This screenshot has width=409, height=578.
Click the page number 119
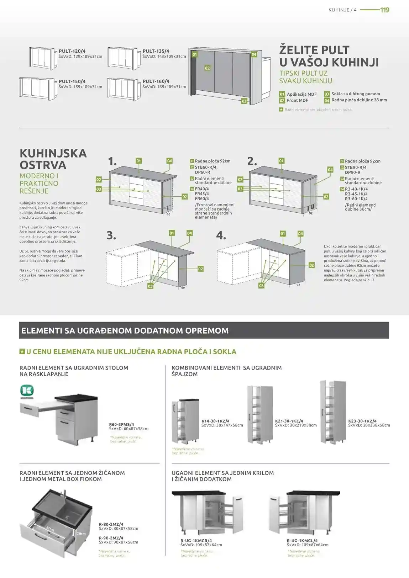[x=384, y=10]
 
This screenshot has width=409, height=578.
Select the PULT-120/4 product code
[x=72, y=51]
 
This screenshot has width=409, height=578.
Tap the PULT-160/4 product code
[x=156, y=81]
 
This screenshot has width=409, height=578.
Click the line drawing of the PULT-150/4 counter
[x=36, y=88]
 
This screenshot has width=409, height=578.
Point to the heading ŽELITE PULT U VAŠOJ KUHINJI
[x=329, y=56]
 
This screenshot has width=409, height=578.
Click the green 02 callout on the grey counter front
[x=207, y=68]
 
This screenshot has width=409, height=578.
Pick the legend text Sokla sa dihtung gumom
[x=356, y=94]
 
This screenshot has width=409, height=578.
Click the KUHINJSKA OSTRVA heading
[x=53, y=159]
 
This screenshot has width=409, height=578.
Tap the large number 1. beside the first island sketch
[x=112, y=161]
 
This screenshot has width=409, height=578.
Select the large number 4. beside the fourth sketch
[x=221, y=235]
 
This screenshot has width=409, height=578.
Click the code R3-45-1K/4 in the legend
[x=356, y=194]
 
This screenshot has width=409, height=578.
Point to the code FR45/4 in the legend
[x=202, y=194]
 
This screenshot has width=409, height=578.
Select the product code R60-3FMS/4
[x=121, y=424]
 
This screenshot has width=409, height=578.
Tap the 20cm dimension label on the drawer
[x=81, y=534]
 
